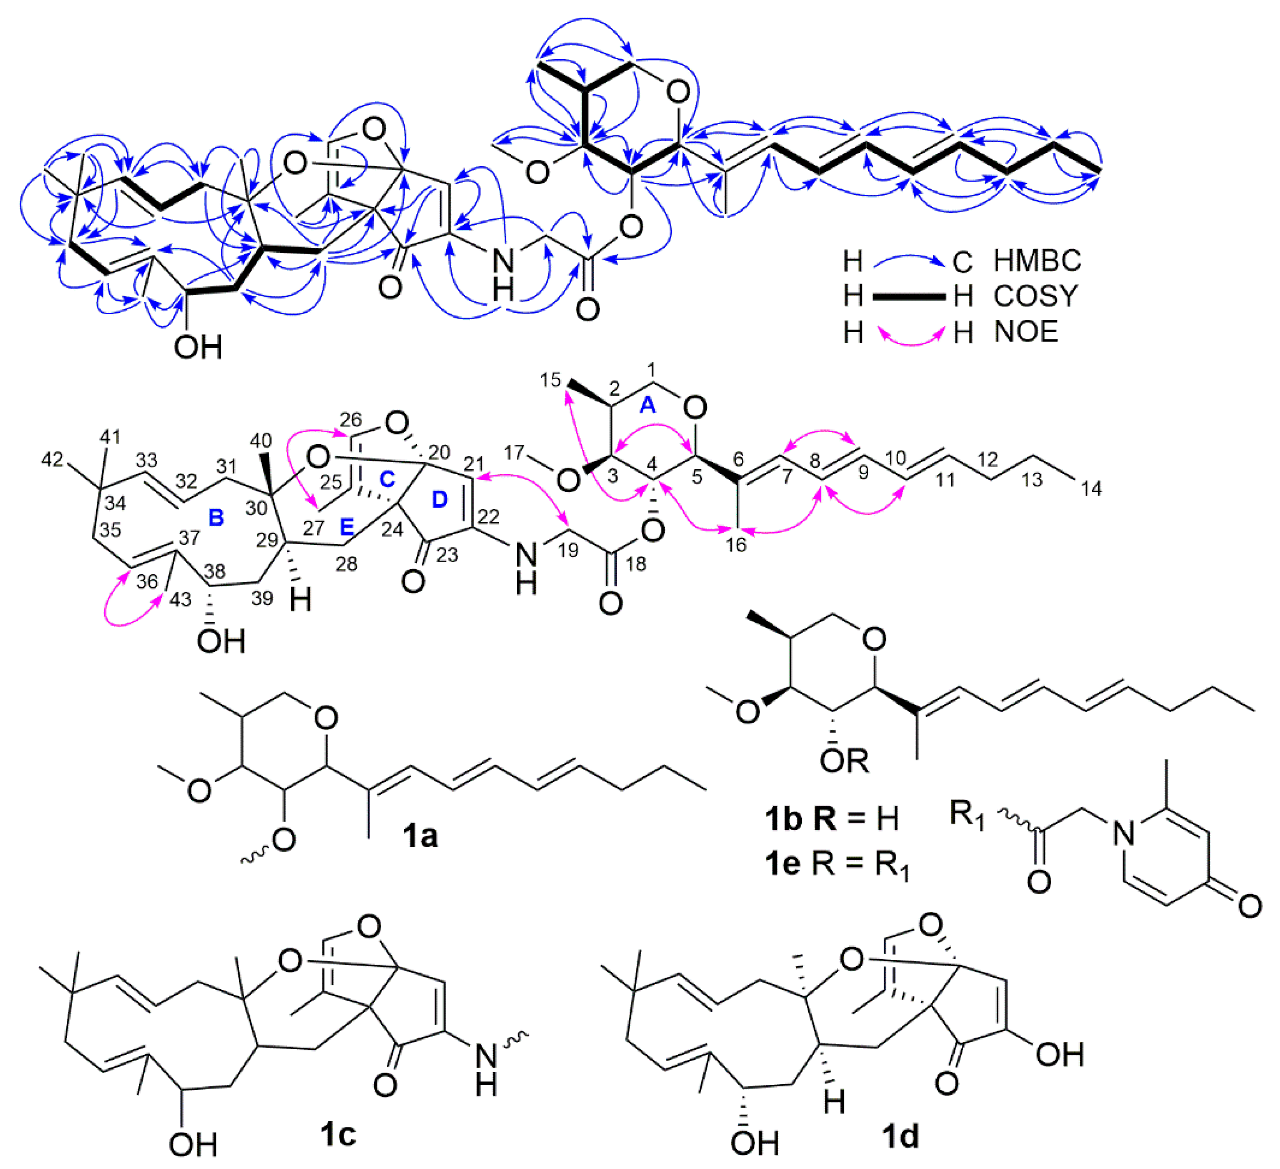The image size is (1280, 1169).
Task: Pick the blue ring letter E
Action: point(347,526)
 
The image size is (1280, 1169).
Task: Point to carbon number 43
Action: point(180,599)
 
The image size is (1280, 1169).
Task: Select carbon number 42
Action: point(52,460)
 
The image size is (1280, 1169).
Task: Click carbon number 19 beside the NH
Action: point(568,550)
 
